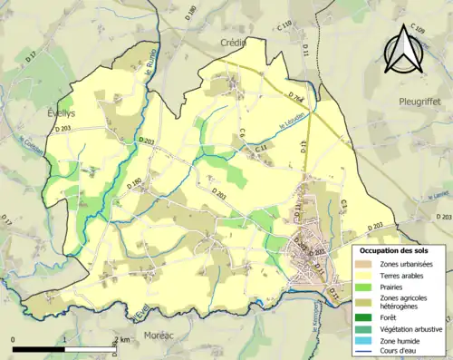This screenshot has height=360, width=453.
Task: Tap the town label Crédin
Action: click(x=235, y=42)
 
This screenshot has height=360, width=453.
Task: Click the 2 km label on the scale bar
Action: click(x=120, y=340)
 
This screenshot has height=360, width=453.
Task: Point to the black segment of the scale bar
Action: click(x=39, y=350)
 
